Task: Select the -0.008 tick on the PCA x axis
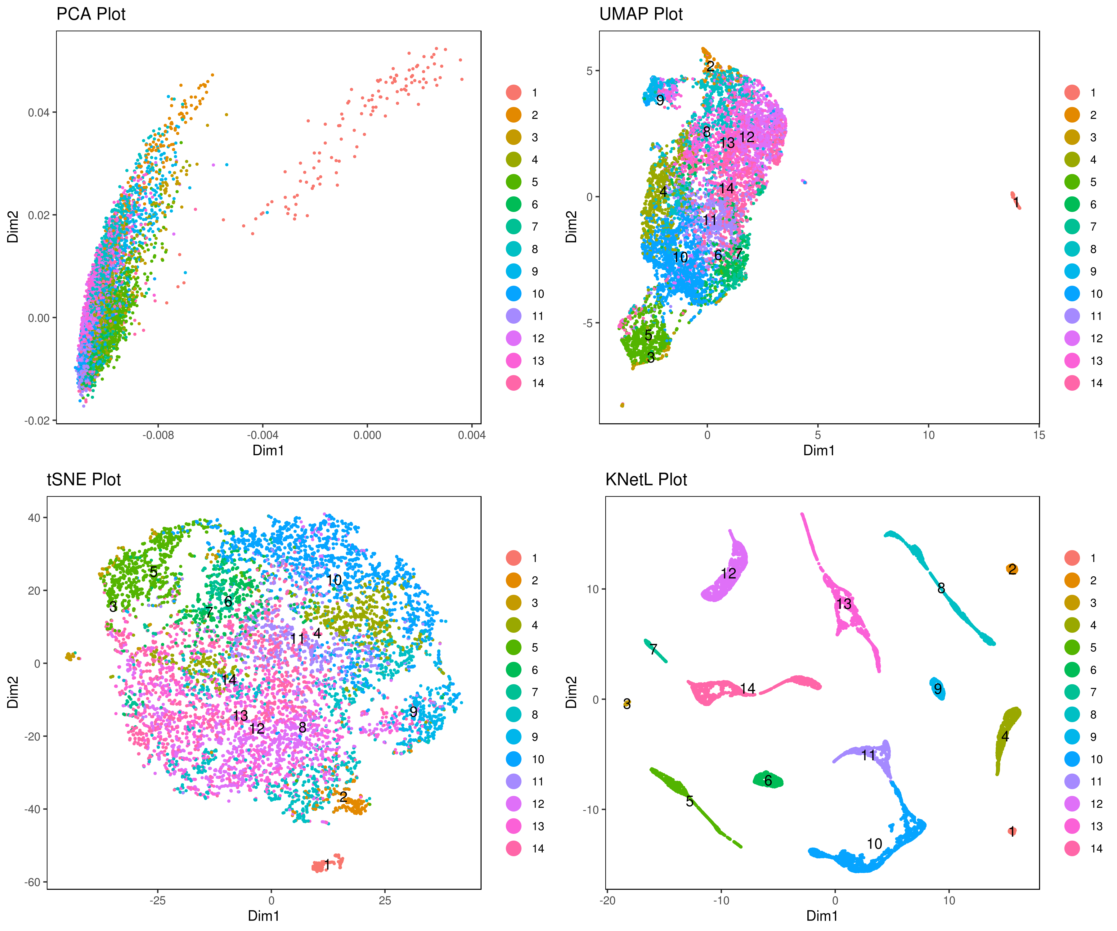pyautogui.click(x=158, y=435)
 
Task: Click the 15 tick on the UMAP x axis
pyautogui.click(x=1039, y=435)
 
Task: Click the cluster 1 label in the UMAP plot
pyautogui.click(x=1016, y=202)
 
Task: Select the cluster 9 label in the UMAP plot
pyautogui.click(x=660, y=100)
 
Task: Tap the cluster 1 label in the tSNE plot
pyautogui.click(x=327, y=865)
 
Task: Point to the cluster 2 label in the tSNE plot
pyautogui.click(x=343, y=796)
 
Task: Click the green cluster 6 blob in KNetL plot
pyautogui.click(x=768, y=780)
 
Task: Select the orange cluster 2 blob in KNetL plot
pyautogui.click(x=1012, y=569)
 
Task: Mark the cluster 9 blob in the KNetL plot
pyautogui.click(x=937, y=689)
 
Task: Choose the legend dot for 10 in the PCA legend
pyautogui.click(x=513, y=294)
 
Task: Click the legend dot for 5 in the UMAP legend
pyautogui.click(x=1072, y=182)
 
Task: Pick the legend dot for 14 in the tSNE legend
pyautogui.click(x=513, y=848)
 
